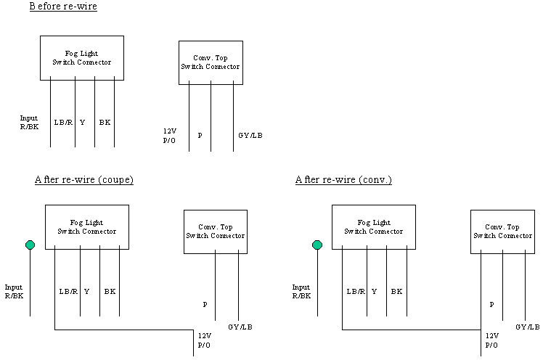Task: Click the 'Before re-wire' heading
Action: pyautogui.click(x=63, y=7)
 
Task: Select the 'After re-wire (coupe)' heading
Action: pyautogui.click(x=84, y=180)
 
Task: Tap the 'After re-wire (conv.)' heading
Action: pyautogui.click(x=343, y=180)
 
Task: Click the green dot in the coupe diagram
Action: pyautogui.click(x=30, y=245)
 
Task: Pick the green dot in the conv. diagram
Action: pyautogui.click(x=317, y=245)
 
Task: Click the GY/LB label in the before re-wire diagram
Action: pyautogui.click(x=250, y=135)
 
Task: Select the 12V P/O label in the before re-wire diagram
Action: pyautogui.click(x=170, y=136)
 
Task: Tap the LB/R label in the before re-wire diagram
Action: pyautogui.click(x=63, y=122)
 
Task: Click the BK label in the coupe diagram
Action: pyautogui.click(x=110, y=292)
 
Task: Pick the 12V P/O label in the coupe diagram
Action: pyautogui.click(x=204, y=340)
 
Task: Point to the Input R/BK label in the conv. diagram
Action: pyautogui.click(x=301, y=292)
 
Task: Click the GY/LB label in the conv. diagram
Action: pyautogui.click(x=528, y=327)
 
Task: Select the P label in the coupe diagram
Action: pyautogui.click(x=205, y=305)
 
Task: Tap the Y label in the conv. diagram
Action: pyautogui.click(x=374, y=292)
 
